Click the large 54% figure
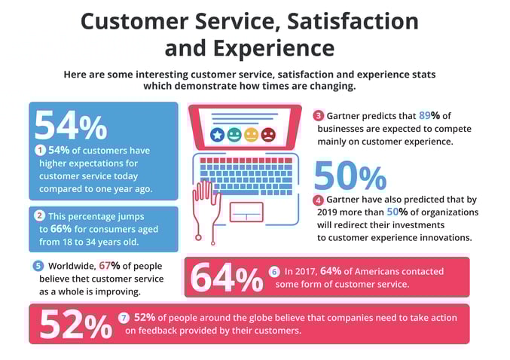(70, 126)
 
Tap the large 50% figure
(350, 176)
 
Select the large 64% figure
(226, 278)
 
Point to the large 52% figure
(75, 325)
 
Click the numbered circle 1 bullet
(41, 151)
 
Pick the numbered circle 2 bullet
(41, 215)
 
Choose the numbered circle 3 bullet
(319, 115)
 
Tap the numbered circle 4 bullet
(319, 200)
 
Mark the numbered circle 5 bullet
(38, 265)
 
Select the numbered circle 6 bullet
(274, 271)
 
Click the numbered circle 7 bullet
(124, 317)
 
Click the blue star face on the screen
(217, 135)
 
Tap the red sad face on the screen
(268, 135)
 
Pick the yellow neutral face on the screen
(251, 135)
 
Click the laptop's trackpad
(246, 212)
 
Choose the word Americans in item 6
(374, 271)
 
